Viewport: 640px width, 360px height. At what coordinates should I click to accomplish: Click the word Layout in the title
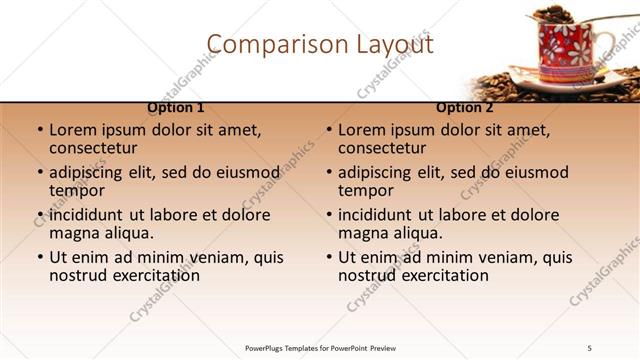click(x=396, y=44)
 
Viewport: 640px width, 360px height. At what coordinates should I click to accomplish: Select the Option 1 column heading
click(x=176, y=108)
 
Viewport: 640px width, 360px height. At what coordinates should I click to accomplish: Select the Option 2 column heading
click(x=464, y=108)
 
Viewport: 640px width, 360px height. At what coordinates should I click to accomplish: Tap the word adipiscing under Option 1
click(x=92, y=172)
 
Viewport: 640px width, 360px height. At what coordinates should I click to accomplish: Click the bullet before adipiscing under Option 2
click(x=328, y=173)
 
